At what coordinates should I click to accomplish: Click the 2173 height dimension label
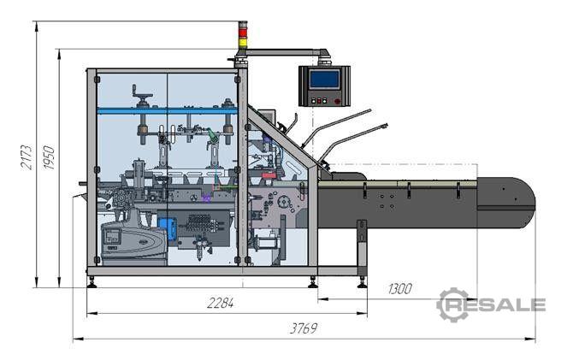pyautogui.click(x=27, y=157)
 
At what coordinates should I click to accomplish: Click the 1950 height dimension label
pyautogui.click(x=49, y=157)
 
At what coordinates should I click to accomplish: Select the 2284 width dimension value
pyautogui.click(x=221, y=303)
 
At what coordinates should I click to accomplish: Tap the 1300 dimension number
pyautogui.click(x=400, y=289)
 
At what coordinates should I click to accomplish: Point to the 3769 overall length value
pyautogui.click(x=304, y=328)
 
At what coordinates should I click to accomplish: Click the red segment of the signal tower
pyautogui.click(x=243, y=33)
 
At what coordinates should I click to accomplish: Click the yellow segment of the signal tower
pyautogui.click(x=243, y=42)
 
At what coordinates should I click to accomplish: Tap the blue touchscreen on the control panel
pyautogui.click(x=325, y=80)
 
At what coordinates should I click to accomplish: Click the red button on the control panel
pyautogui.click(x=338, y=101)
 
